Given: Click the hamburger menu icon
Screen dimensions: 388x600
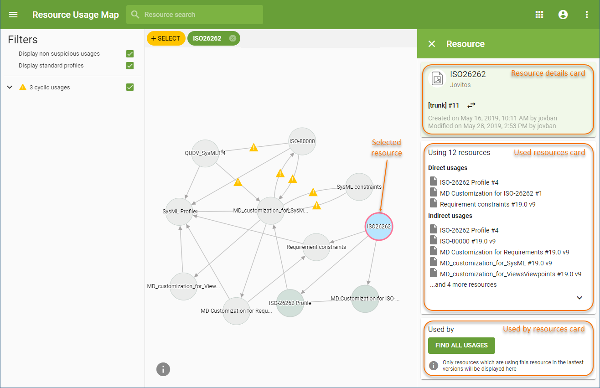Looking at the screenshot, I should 13,15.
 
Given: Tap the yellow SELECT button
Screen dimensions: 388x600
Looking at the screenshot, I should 166,38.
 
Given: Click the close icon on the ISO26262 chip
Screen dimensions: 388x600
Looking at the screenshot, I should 233,38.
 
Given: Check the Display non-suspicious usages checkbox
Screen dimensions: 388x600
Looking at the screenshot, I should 130,54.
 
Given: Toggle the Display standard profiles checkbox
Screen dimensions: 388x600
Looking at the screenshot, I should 130,66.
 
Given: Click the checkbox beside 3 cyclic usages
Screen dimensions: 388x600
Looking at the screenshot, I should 130,87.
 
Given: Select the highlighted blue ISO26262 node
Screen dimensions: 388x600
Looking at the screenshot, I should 378,226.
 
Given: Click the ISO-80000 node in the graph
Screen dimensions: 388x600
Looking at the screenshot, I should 302,141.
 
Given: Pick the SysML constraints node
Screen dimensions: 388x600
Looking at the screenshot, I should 359,186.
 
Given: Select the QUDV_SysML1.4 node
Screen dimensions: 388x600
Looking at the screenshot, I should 206,153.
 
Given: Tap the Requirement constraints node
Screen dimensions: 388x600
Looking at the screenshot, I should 316,247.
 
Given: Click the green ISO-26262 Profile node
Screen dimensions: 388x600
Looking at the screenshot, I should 290,303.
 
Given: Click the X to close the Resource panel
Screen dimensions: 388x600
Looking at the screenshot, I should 432,44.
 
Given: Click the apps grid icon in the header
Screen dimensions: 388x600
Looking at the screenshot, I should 539,15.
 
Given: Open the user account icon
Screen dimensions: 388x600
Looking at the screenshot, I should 563,15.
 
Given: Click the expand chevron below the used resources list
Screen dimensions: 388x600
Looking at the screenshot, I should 579,298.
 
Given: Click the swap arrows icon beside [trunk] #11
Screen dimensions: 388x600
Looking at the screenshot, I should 471,105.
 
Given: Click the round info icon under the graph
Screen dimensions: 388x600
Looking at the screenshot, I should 163,369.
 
